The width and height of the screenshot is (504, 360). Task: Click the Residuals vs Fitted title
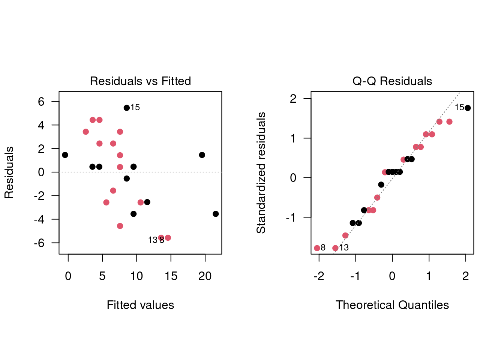(x=140, y=81)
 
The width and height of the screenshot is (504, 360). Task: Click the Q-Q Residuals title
(x=392, y=81)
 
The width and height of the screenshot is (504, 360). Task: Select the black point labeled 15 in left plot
(x=127, y=108)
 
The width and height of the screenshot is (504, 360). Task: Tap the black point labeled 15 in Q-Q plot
(x=468, y=108)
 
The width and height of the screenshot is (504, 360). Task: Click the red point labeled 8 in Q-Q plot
(x=317, y=248)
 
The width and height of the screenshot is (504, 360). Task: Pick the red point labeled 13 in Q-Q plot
(x=335, y=248)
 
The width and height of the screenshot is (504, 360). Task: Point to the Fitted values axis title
(x=140, y=305)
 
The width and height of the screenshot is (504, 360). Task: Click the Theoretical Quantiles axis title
(x=392, y=305)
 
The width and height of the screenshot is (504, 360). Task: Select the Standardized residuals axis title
(x=261, y=172)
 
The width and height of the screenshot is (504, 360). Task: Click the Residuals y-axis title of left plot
(x=9, y=172)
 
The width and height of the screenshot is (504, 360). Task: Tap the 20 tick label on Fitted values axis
(x=205, y=276)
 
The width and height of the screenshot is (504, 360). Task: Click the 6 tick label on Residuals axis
(x=41, y=102)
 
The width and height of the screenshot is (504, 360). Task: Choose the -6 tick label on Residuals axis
(x=39, y=243)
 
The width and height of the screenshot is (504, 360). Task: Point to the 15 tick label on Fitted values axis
(x=171, y=276)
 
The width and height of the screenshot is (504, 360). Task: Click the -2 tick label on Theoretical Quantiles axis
(x=319, y=276)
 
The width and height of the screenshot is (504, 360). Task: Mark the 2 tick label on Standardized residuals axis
(x=293, y=99)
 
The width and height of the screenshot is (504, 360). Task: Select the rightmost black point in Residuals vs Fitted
(x=216, y=214)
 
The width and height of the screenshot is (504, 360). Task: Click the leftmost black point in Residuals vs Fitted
(x=65, y=155)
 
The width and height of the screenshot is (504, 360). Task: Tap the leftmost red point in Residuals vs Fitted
(x=85, y=132)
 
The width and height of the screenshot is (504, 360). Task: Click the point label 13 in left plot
(x=153, y=240)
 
